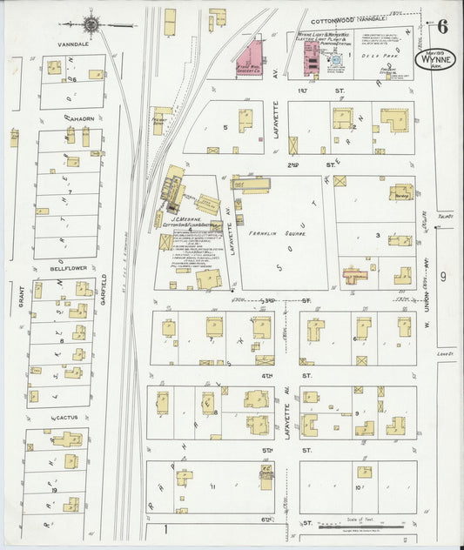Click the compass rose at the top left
click(x=91, y=23)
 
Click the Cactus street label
click(x=67, y=418)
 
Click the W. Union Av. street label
click(x=427, y=297)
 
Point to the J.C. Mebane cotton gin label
click(x=186, y=218)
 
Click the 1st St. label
click(x=302, y=90)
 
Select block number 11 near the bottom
click(x=212, y=486)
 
